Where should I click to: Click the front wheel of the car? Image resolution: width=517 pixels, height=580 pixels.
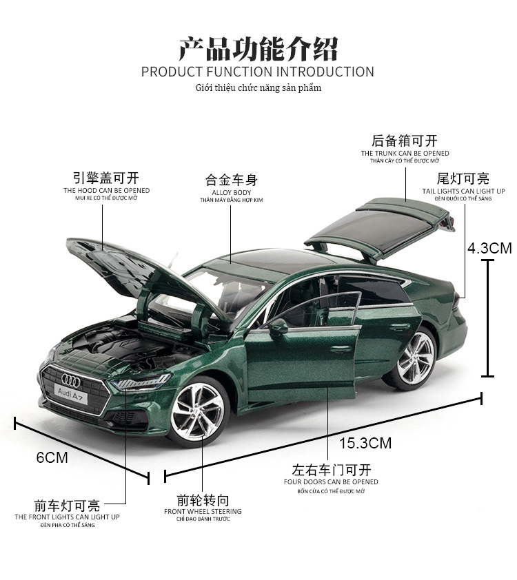pos(197,412)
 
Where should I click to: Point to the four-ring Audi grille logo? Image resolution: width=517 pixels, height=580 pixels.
pos(70,378)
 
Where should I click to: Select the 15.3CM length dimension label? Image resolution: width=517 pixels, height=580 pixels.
pos(365,443)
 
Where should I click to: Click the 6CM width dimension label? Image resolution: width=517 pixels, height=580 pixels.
pos(52,457)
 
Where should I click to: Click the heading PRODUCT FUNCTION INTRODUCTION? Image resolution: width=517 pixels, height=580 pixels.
pos(258,72)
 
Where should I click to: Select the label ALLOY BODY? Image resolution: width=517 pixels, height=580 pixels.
pos(232,192)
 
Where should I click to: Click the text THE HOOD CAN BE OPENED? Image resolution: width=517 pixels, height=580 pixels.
pos(106,190)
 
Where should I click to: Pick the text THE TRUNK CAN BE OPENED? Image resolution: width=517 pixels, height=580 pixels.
pos(405,153)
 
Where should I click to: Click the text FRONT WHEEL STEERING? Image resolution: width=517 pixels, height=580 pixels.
pos(203,511)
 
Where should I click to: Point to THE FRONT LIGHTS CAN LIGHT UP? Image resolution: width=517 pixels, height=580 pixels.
pos(68,517)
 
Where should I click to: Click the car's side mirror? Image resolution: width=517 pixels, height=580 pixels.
pos(278,326)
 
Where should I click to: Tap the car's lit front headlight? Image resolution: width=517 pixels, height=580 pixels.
pos(141,382)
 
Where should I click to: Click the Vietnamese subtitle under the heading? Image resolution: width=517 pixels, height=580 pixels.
pos(258,87)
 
